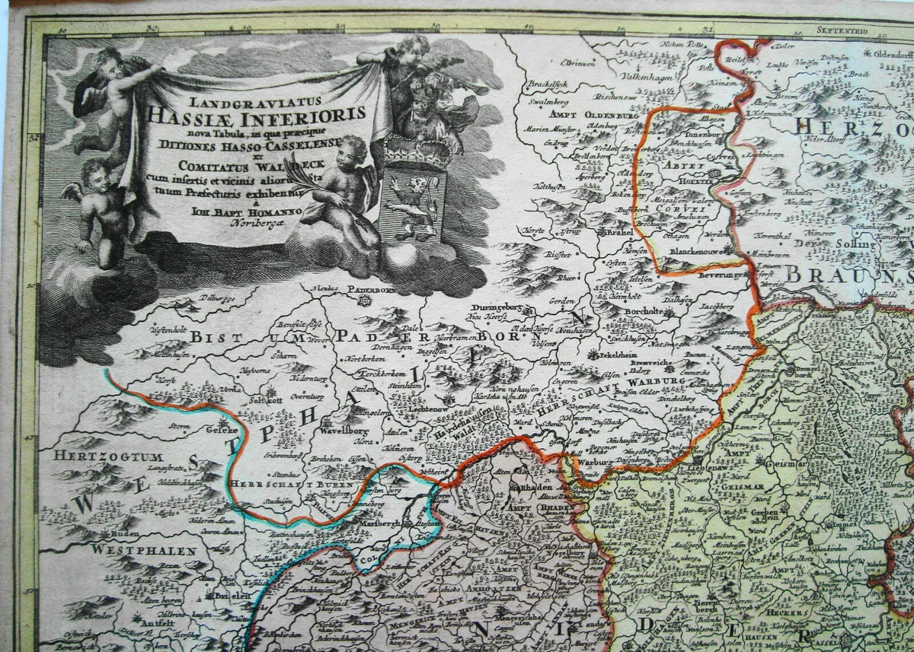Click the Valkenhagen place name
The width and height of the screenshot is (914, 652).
(602, 75)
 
